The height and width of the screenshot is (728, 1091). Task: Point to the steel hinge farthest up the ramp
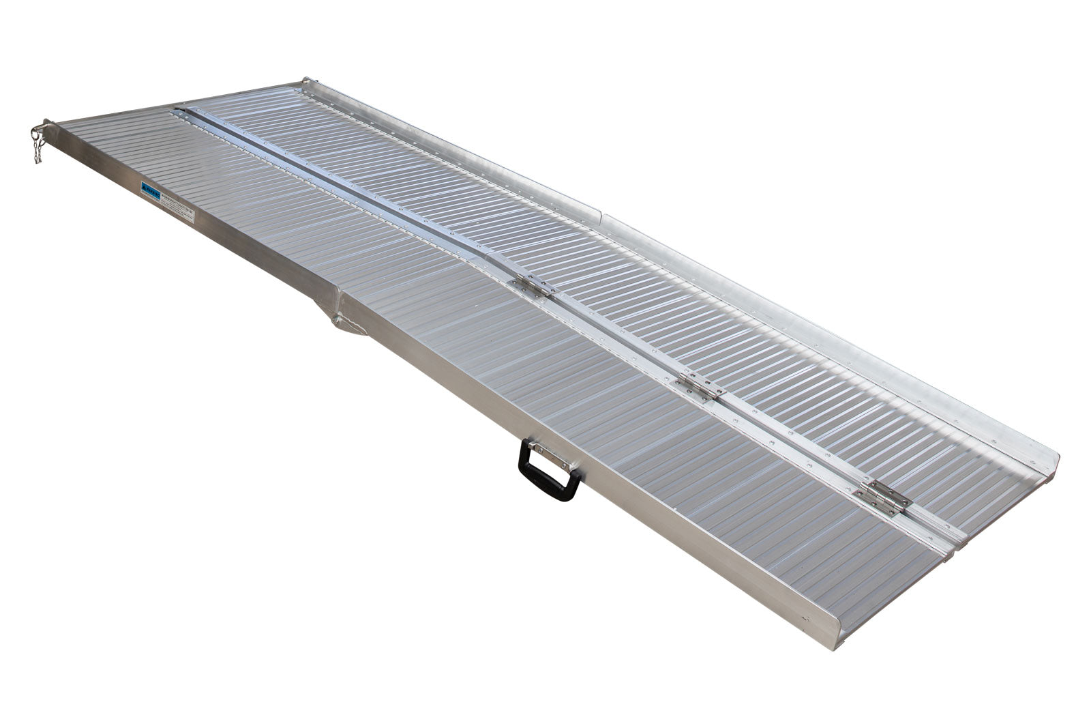click(532, 285)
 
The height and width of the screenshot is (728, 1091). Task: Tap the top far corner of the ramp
click(304, 81)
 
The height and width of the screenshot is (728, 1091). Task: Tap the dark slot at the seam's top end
click(180, 108)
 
